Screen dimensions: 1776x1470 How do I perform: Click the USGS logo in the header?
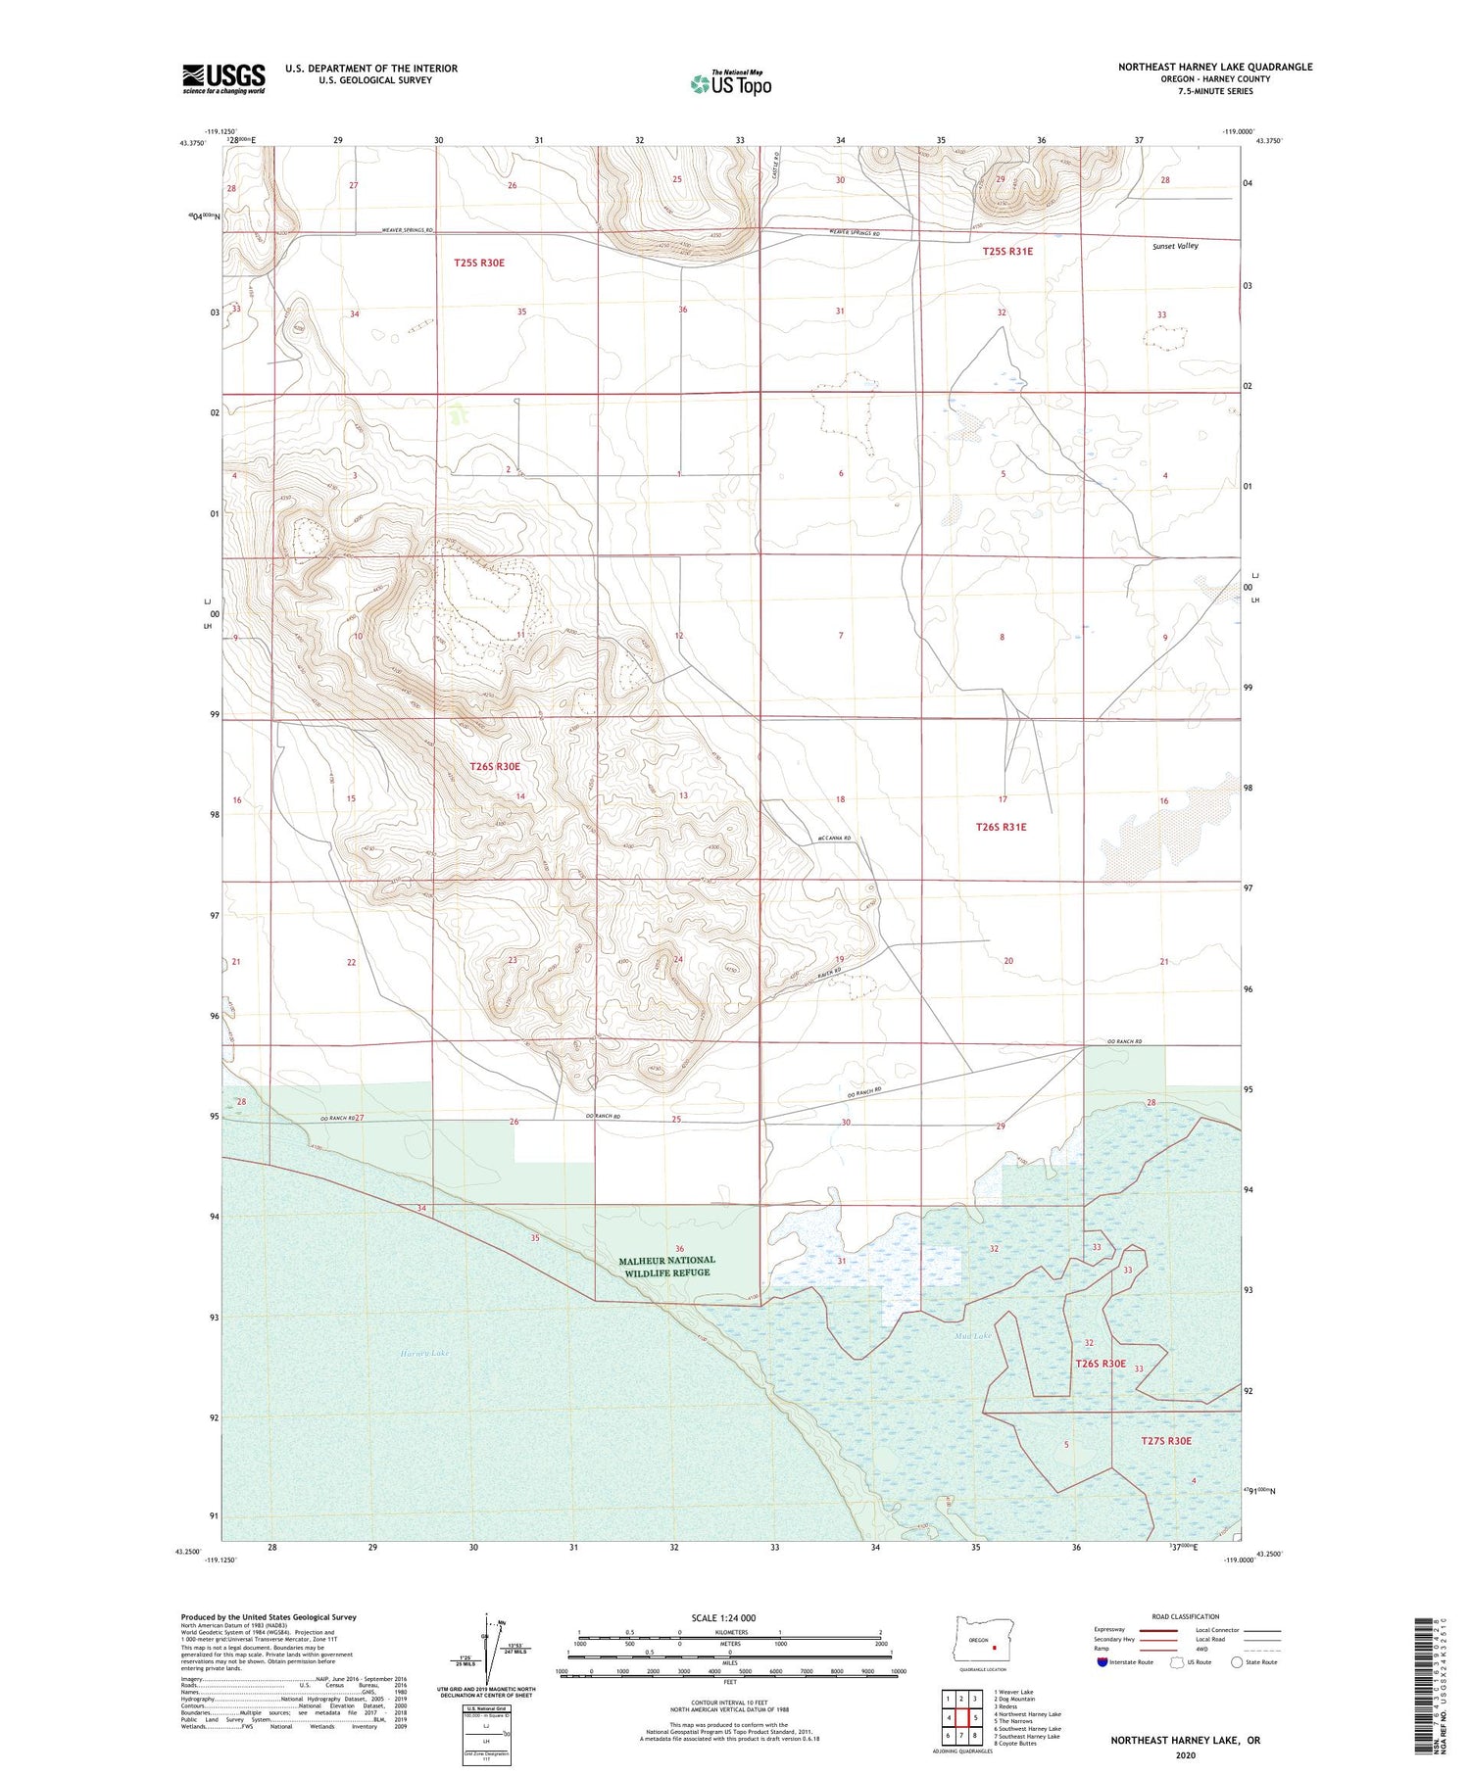(223, 78)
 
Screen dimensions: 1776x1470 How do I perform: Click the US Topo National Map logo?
(730, 83)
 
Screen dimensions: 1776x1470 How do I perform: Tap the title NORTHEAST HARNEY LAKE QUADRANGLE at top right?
(1214, 68)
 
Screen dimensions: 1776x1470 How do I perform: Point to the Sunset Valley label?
(1175, 246)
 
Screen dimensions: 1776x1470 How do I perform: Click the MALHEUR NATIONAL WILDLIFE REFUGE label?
(666, 1266)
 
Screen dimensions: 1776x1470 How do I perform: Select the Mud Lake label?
(973, 1335)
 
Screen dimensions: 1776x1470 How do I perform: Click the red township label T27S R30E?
(1166, 1440)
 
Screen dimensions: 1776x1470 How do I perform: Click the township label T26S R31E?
(1001, 827)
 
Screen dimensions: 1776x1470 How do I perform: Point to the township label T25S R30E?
(478, 263)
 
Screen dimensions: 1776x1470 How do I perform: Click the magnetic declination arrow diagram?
(487, 1646)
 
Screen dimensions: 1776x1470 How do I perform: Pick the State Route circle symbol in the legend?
(1237, 1662)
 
